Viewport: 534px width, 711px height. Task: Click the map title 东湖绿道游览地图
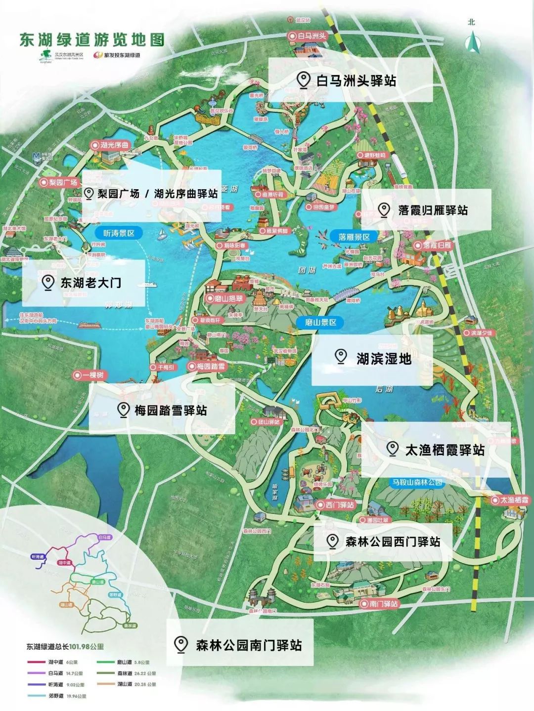click(91, 40)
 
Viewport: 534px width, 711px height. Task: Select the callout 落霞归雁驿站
click(426, 210)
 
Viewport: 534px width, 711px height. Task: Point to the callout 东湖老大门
click(84, 283)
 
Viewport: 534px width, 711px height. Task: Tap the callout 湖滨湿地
click(372, 359)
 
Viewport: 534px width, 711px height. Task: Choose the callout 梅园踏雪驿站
click(162, 410)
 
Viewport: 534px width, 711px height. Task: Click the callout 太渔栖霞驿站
click(435, 450)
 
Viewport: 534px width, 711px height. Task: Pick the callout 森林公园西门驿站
click(383, 542)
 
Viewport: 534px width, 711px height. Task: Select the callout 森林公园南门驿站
click(240, 645)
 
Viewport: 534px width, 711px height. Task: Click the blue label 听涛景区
click(118, 233)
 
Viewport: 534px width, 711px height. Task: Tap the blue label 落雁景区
click(354, 237)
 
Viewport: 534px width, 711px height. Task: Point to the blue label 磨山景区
click(320, 322)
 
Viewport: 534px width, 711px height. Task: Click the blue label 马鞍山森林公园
click(417, 482)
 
